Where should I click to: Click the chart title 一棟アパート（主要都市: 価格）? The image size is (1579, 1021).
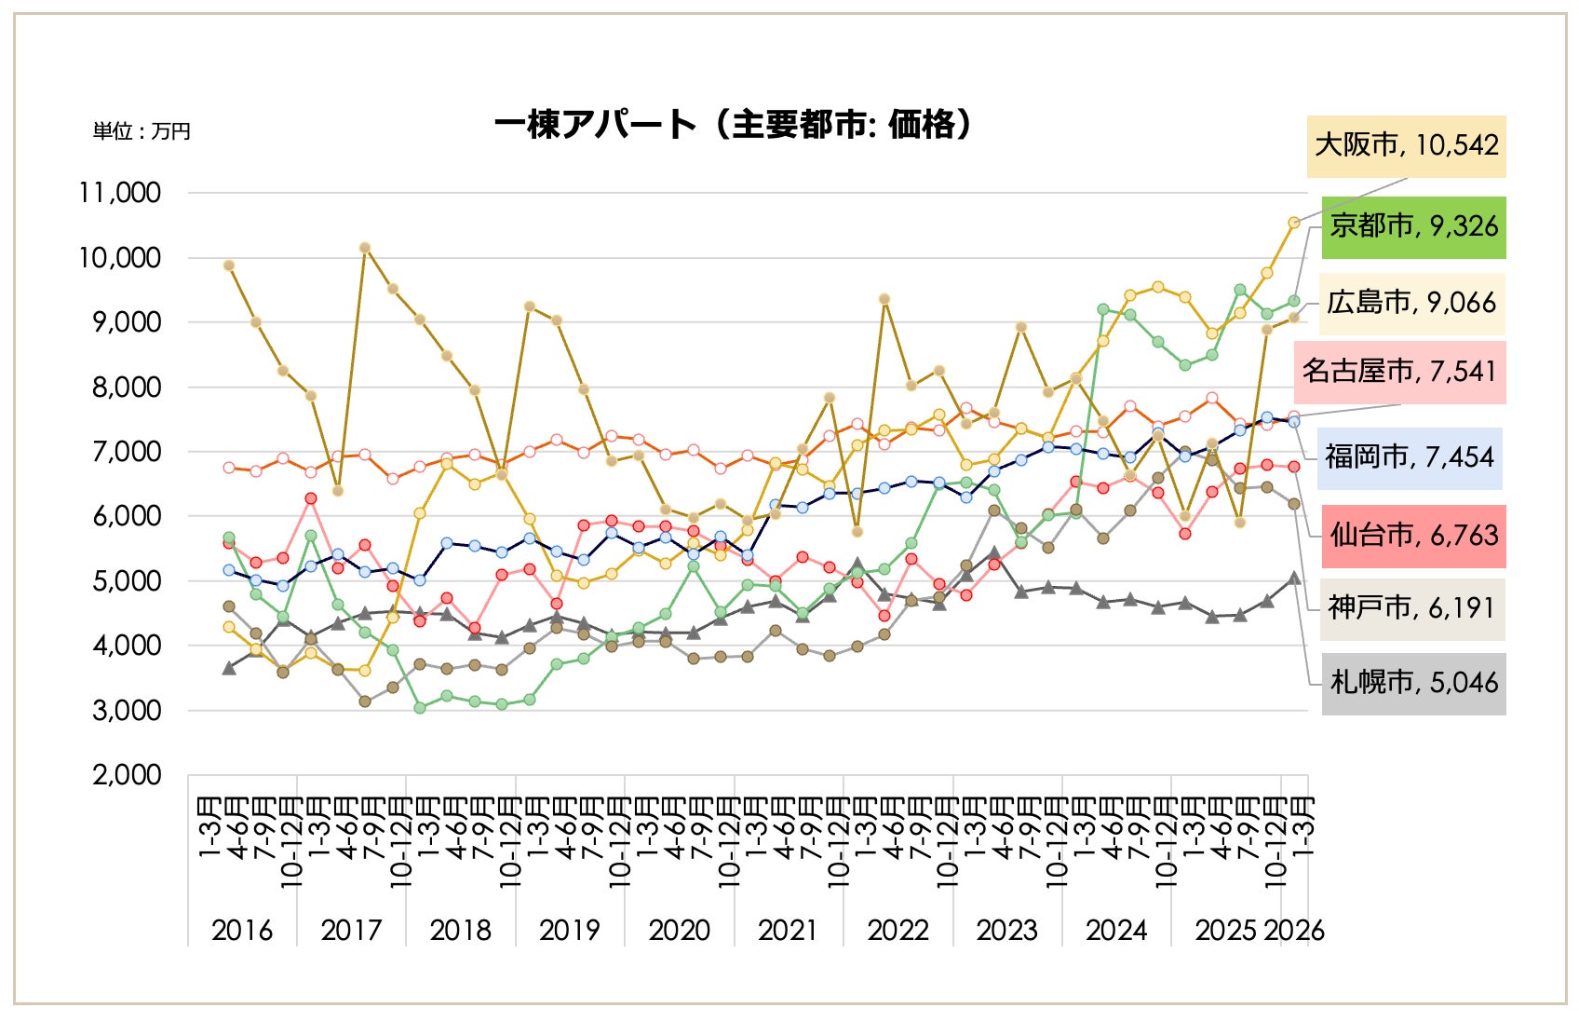coord(734,124)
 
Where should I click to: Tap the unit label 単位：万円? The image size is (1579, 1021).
coord(142,131)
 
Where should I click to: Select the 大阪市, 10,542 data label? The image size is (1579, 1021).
coord(1406,145)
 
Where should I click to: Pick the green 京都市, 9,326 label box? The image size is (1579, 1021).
coord(1413,226)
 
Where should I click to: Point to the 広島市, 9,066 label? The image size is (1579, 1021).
coord(1411,303)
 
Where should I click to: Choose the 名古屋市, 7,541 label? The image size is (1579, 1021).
coord(1399,372)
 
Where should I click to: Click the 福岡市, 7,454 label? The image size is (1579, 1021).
coord(1410,456)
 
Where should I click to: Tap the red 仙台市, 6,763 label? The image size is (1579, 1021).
coord(1413,536)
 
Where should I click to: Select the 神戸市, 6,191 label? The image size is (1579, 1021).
coord(1411,607)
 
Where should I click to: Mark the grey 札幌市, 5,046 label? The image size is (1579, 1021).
coord(1413,683)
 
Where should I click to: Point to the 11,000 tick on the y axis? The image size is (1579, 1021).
coord(120,193)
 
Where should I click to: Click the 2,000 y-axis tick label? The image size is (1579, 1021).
coord(127,775)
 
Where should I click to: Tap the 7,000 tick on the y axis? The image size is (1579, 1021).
coord(127,452)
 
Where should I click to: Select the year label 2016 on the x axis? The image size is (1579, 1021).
coord(242,930)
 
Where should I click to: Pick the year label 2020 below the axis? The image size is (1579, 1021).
coord(679,930)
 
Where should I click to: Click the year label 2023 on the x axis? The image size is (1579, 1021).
coord(1006,930)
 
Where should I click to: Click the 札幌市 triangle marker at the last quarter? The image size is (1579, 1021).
coord(1294,579)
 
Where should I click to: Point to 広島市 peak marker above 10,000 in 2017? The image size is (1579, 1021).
coord(365,248)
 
